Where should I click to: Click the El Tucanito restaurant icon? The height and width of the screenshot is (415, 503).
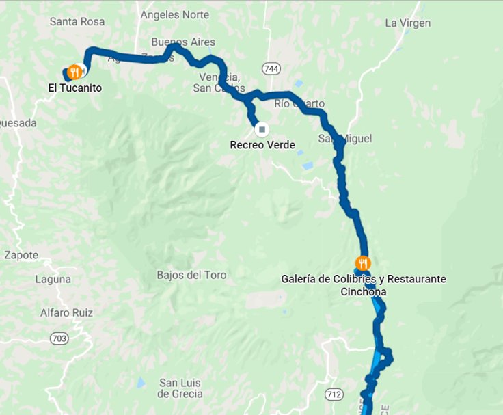pyautogui.click(x=75, y=72)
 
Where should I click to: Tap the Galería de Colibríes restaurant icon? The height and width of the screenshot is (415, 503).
pyautogui.click(x=363, y=263)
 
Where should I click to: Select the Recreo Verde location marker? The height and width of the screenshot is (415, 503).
pyautogui.click(x=261, y=129)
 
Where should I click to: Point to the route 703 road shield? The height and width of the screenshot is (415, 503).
pyautogui.click(x=59, y=338)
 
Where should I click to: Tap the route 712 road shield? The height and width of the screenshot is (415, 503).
pyautogui.click(x=334, y=394)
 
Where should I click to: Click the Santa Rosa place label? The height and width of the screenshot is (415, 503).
pyautogui.click(x=77, y=22)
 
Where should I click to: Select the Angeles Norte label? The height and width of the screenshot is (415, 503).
pyautogui.click(x=174, y=14)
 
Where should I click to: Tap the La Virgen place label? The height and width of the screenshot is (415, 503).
pyautogui.click(x=408, y=23)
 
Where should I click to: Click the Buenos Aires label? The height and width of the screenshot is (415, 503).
pyautogui.click(x=183, y=42)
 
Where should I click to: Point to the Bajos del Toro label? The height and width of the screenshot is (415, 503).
pyautogui.click(x=191, y=275)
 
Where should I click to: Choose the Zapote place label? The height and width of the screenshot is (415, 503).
pyautogui.click(x=21, y=256)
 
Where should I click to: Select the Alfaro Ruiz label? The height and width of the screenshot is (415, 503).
pyautogui.click(x=66, y=312)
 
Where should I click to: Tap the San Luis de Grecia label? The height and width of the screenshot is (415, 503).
pyautogui.click(x=180, y=388)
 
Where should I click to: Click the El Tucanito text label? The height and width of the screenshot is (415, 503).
pyautogui.click(x=74, y=88)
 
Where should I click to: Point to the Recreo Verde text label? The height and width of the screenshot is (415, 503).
pyautogui.click(x=262, y=145)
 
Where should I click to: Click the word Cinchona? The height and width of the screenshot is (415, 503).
pyautogui.click(x=364, y=292)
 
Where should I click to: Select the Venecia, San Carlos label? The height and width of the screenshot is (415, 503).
pyautogui.click(x=218, y=82)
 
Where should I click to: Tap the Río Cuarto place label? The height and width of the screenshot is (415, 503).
pyautogui.click(x=299, y=104)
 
